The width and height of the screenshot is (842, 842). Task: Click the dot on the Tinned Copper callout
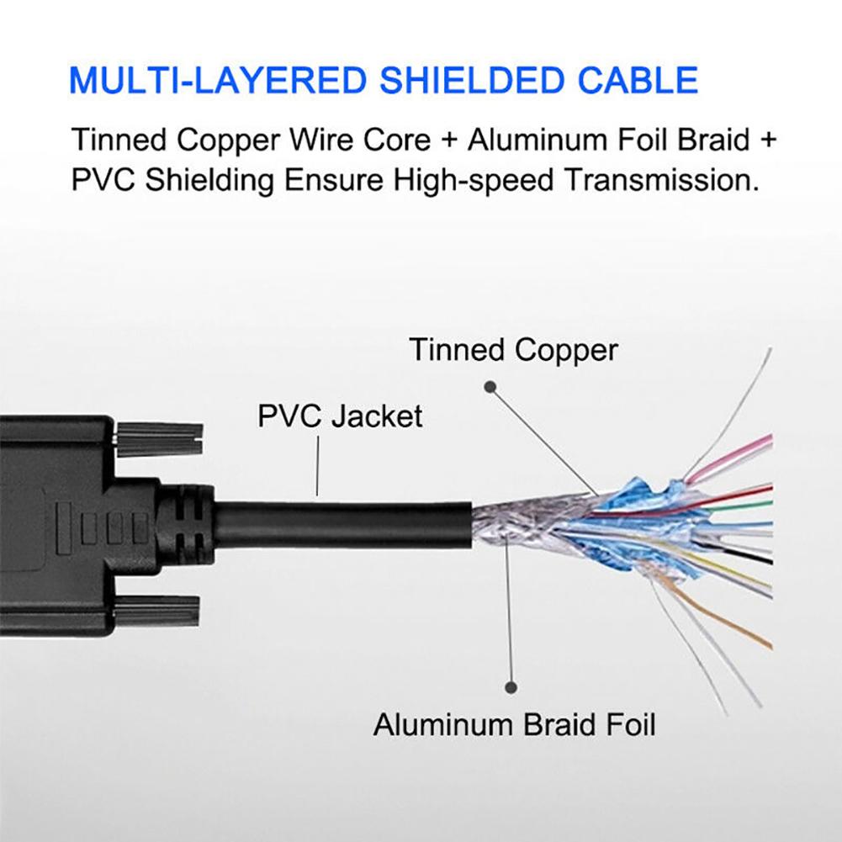489,387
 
